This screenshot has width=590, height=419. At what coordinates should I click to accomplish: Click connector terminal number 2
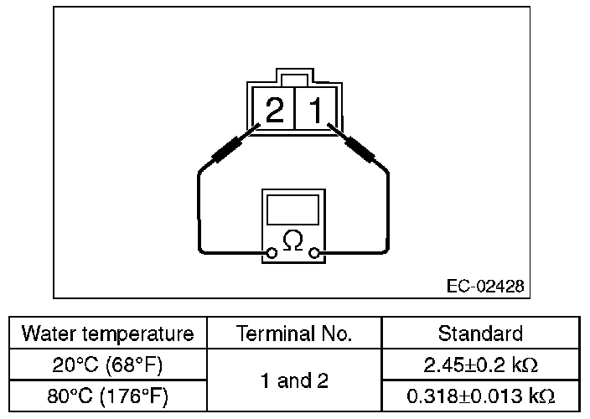pyautogui.click(x=274, y=109)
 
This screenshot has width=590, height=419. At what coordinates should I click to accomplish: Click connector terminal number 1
pyautogui.click(x=316, y=109)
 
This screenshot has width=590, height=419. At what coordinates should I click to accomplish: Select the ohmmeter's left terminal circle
pyautogui.click(x=271, y=251)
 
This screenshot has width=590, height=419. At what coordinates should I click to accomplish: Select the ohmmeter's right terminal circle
pyautogui.click(x=315, y=251)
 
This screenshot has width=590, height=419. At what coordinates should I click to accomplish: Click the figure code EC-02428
pyautogui.click(x=485, y=287)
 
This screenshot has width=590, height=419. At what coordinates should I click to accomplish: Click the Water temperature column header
pyautogui.click(x=107, y=334)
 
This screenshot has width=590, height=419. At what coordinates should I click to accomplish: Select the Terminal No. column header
pyautogui.click(x=294, y=334)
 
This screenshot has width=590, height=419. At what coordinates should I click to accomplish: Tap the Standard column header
pyautogui.click(x=480, y=334)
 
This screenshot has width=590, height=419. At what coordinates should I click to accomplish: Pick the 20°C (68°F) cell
pyautogui.click(x=107, y=365)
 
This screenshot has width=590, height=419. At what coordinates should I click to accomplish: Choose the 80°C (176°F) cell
pyautogui.click(x=107, y=396)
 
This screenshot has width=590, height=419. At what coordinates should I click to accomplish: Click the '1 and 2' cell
pyautogui.click(x=294, y=381)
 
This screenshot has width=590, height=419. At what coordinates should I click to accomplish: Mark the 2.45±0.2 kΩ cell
pyautogui.click(x=480, y=365)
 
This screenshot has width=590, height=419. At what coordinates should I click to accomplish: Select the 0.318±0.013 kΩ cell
pyautogui.click(x=480, y=396)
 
